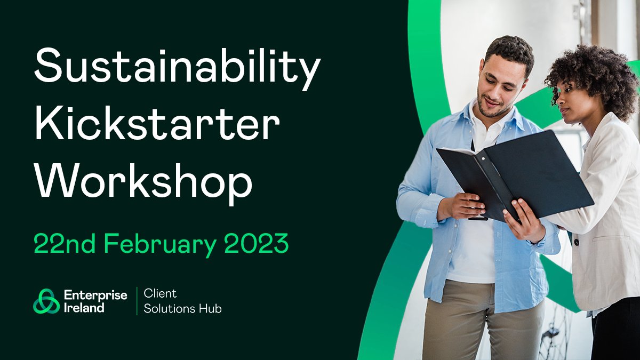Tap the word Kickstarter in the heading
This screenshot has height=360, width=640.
[157, 125]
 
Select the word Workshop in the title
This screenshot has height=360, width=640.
[143, 181]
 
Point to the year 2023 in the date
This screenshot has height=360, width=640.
[256, 244]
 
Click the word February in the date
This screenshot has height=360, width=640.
[161, 244]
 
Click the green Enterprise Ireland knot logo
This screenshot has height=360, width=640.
[46, 301]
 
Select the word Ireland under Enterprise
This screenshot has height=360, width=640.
[84, 307]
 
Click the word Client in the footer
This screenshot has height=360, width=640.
[160, 294]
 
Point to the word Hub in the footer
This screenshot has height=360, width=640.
[212, 308]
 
